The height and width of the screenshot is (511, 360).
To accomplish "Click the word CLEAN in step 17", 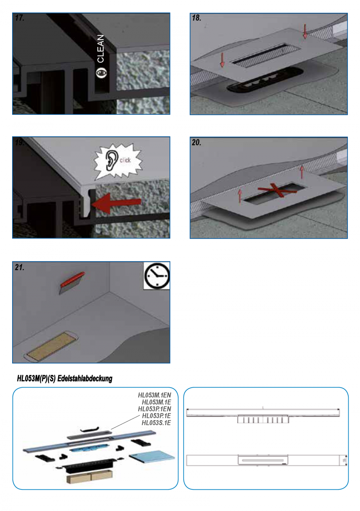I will [101, 49].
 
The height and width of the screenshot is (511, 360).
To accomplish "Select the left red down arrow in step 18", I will [222, 59].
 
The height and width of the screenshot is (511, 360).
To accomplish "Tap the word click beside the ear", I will [125, 160].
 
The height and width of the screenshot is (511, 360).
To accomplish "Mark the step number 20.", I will [197, 143].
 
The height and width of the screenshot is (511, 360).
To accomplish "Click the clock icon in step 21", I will [157, 276].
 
